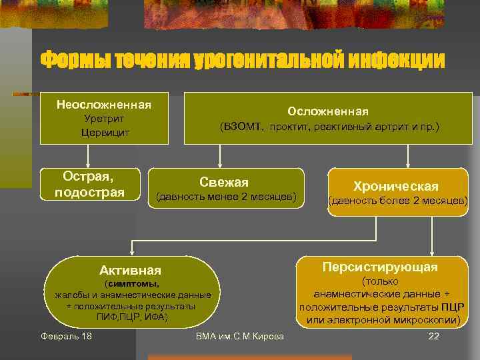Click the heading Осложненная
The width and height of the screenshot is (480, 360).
coord(327,111)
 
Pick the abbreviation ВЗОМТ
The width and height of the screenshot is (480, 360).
coord(243,126)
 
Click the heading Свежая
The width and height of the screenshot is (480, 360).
coord(224,182)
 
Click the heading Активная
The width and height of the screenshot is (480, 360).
coord(130,270)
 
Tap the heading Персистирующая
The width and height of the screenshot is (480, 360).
coord(380,267)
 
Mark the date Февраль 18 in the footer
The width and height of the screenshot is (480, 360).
coord(66,335)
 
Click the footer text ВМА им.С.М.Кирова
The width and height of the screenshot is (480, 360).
coord(240,335)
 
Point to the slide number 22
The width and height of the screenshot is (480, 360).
coord(433,335)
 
